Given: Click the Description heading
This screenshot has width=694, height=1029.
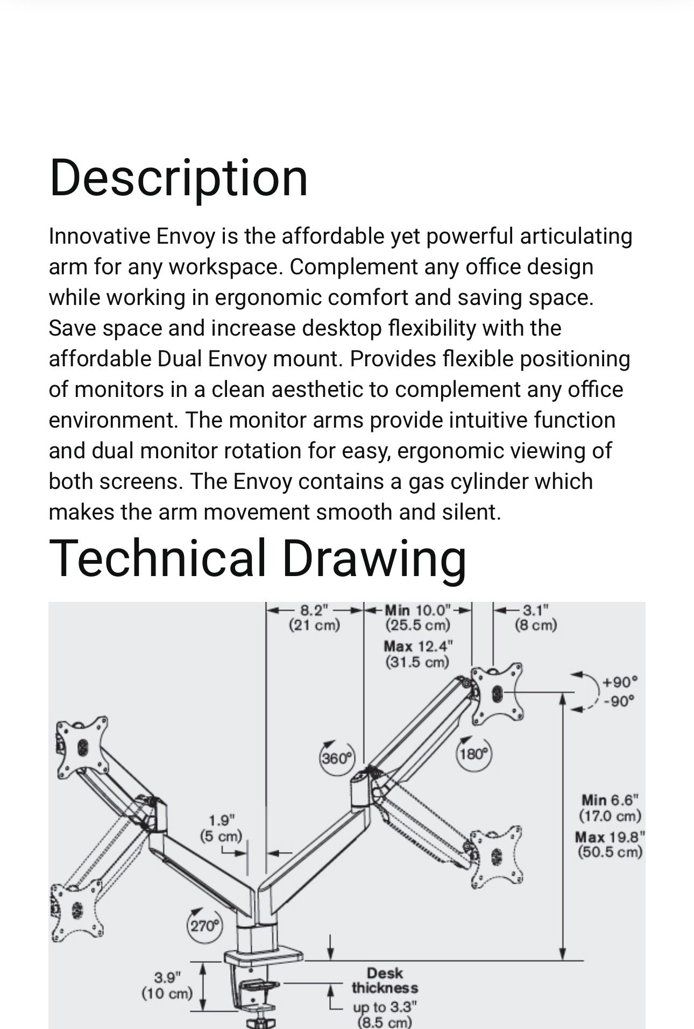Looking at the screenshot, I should (178, 178).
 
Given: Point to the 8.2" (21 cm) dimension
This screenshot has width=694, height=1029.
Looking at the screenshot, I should (315, 618).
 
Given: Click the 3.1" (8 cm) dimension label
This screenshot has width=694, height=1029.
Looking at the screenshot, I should (535, 618).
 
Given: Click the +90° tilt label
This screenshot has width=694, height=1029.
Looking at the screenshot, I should (620, 682).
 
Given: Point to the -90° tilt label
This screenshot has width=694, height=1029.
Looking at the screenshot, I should (619, 701).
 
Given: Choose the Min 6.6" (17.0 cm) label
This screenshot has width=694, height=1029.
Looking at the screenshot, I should (610, 808).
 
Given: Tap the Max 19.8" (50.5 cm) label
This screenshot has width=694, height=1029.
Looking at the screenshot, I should (610, 845).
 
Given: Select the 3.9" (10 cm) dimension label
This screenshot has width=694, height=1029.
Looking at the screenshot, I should (167, 985).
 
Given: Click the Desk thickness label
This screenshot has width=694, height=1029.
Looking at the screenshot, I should (385, 981).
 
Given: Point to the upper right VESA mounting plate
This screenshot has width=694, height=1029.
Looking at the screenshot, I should (496, 693).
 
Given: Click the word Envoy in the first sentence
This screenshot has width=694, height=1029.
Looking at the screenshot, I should (186, 236).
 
